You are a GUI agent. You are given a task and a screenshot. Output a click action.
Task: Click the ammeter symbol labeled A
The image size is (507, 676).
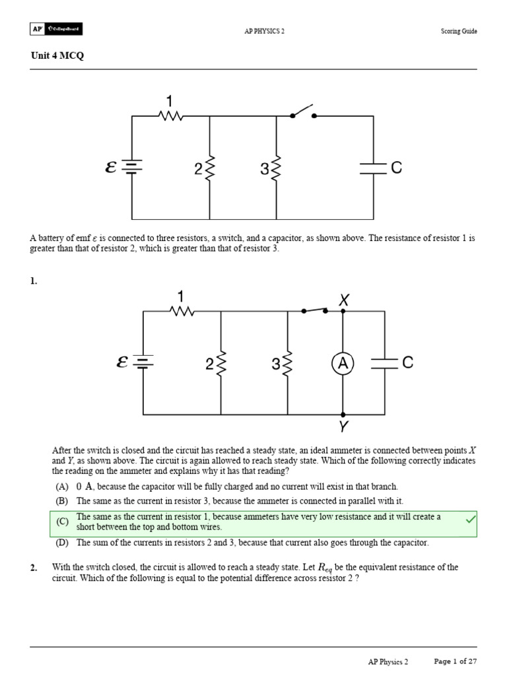click(343, 363)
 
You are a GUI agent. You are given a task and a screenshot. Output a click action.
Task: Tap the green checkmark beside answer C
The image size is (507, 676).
click(470, 521)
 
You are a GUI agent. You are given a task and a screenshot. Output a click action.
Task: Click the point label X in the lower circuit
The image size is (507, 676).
click(343, 300)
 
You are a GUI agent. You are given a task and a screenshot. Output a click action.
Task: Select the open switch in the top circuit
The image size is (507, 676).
click(303, 112)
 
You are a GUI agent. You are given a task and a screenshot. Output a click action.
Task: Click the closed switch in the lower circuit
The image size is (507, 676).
click(314, 310)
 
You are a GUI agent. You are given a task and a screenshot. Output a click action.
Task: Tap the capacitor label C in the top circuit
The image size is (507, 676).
click(396, 168)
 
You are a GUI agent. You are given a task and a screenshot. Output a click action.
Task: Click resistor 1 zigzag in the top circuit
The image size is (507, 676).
click(171, 116)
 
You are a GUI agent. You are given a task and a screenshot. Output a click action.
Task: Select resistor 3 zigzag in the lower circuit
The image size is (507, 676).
click(288, 363)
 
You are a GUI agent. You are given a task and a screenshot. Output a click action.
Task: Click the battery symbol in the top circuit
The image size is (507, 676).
click(132, 168)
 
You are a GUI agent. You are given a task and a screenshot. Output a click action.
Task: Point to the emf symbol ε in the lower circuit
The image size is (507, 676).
click(122, 362)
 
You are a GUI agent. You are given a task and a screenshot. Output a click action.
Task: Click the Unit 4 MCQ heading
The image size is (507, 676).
click(57, 55)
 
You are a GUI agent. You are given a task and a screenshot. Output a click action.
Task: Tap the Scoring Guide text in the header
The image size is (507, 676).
click(459, 31)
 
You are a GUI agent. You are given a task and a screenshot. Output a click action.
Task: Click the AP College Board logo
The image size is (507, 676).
click(56, 29)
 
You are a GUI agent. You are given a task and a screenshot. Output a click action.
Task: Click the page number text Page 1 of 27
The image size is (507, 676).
click(455, 661)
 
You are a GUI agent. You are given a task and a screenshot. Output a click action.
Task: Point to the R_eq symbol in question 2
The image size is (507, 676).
click(326, 568)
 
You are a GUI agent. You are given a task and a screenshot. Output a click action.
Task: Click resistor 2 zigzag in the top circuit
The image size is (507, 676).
click(210, 168)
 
